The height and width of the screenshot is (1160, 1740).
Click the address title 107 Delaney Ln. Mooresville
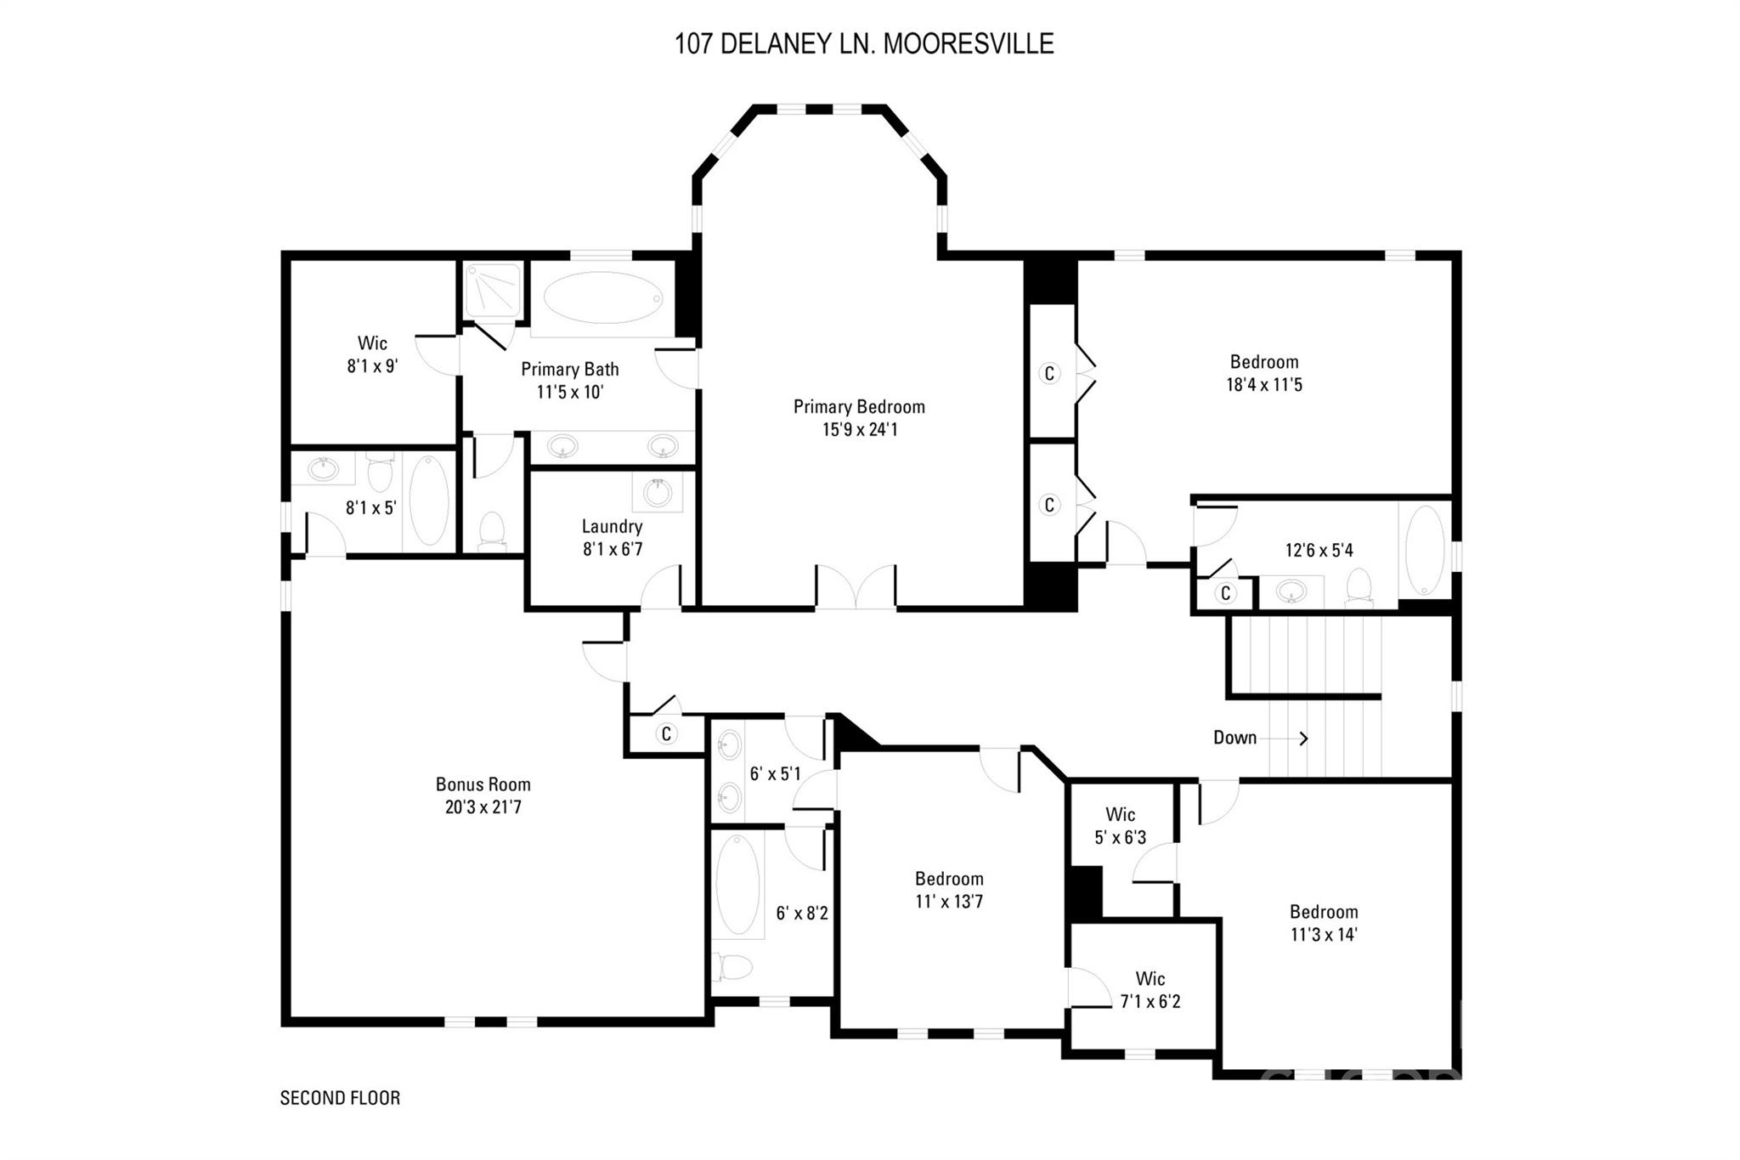[864, 43]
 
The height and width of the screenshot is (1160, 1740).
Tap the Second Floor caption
[340, 1098]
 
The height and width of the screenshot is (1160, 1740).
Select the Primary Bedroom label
[859, 407]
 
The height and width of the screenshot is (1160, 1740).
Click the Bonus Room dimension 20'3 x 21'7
[483, 806]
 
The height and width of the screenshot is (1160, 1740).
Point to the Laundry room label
[612, 527]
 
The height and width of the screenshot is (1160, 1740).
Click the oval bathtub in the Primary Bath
[602, 297]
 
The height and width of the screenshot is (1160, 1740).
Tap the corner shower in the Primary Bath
[492, 290]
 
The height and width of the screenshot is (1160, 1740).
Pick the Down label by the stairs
[1234, 738]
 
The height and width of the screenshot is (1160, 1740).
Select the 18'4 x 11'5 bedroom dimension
[1264, 385]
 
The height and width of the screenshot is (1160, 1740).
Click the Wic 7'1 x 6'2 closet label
[1150, 990]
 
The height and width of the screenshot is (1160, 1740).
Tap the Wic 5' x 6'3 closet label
[1121, 826]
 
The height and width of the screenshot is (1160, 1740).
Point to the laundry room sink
[658, 492]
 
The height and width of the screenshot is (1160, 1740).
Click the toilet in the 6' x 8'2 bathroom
[734, 967]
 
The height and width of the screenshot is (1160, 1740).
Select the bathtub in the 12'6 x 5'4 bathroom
[1425, 550]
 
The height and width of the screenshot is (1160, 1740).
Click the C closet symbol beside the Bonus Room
[666, 733]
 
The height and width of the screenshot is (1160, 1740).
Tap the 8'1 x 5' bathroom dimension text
[371, 508]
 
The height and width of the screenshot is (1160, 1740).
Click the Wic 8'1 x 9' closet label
[372, 354]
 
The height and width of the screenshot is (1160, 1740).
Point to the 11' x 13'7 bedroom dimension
[949, 902]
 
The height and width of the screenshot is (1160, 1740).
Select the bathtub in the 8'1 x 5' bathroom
[429, 501]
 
